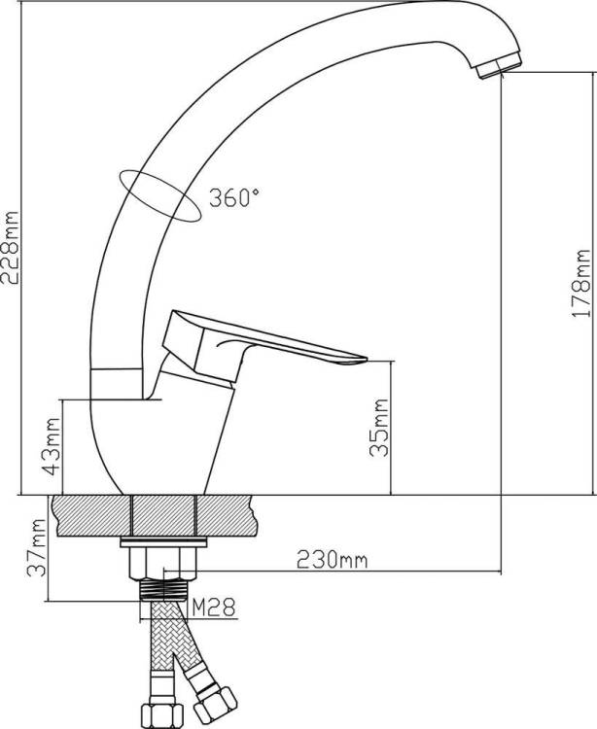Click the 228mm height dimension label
(11, 248)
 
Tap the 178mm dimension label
(580, 284)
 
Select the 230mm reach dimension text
(332, 560)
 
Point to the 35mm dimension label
(378, 428)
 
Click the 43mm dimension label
(52, 446)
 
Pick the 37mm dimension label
(37, 548)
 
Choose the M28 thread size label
(214, 607)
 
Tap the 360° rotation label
(234, 197)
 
